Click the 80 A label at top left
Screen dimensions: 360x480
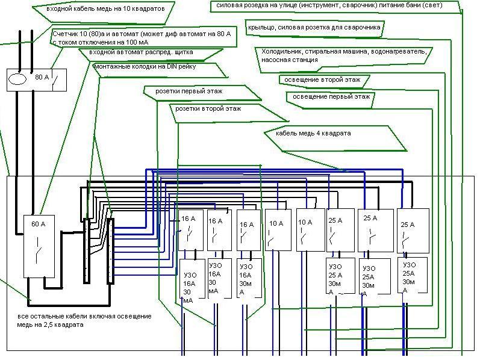[x=42, y=77]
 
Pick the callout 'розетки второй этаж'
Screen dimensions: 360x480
[x=208, y=110]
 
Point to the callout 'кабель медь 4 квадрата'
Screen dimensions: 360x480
[x=313, y=133]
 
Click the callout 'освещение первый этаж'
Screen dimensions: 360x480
[x=331, y=96]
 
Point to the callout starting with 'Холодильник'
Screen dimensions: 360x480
[x=344, y=55]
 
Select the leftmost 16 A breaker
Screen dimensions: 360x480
[x=190, y=229]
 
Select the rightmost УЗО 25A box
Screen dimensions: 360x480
[x=412, y=276]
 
